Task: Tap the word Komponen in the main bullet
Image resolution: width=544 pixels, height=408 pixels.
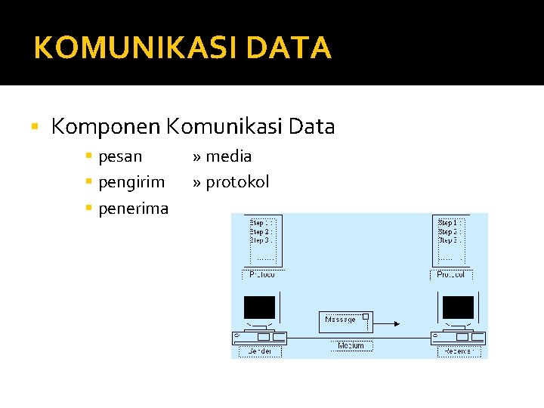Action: (x=105, y=127)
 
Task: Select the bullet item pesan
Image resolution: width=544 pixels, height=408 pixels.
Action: (x=120, y=156)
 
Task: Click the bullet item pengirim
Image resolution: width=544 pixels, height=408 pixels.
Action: (x=131, y=182)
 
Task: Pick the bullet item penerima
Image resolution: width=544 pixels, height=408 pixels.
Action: (x=133, y=208)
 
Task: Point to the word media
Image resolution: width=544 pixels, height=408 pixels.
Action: (x=228, y=156)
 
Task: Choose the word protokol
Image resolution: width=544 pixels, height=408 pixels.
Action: (x=237, y=182)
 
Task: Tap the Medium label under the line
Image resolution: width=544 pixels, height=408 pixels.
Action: (x=351, y=345)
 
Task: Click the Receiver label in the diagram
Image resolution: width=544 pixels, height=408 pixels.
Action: (x=458, y=351)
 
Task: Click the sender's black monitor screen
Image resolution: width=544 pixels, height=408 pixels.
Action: (x=259, y=307)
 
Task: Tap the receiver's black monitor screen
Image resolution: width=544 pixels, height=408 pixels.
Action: (x=458, y=307)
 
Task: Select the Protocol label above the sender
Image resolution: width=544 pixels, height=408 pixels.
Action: (x=261, y=274)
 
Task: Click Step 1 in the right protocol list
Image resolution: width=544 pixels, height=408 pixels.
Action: (x=447, y=223)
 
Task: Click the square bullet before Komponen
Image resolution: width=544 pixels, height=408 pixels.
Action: (x=36, y=127)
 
